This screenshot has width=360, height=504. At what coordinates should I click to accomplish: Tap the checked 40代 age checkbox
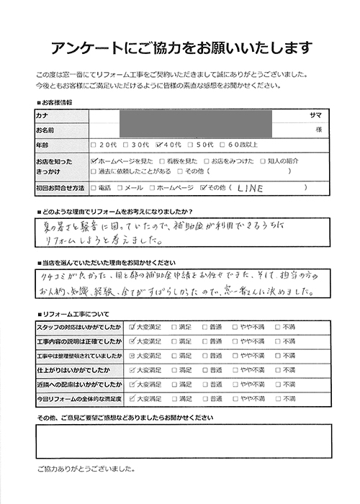tap(161, 144)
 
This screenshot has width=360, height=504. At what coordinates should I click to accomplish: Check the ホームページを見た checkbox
tap(95, 162)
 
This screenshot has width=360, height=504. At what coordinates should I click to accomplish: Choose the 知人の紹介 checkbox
tap(264, 162)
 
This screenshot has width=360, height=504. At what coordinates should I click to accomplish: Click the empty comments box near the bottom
tap(183, 441)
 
